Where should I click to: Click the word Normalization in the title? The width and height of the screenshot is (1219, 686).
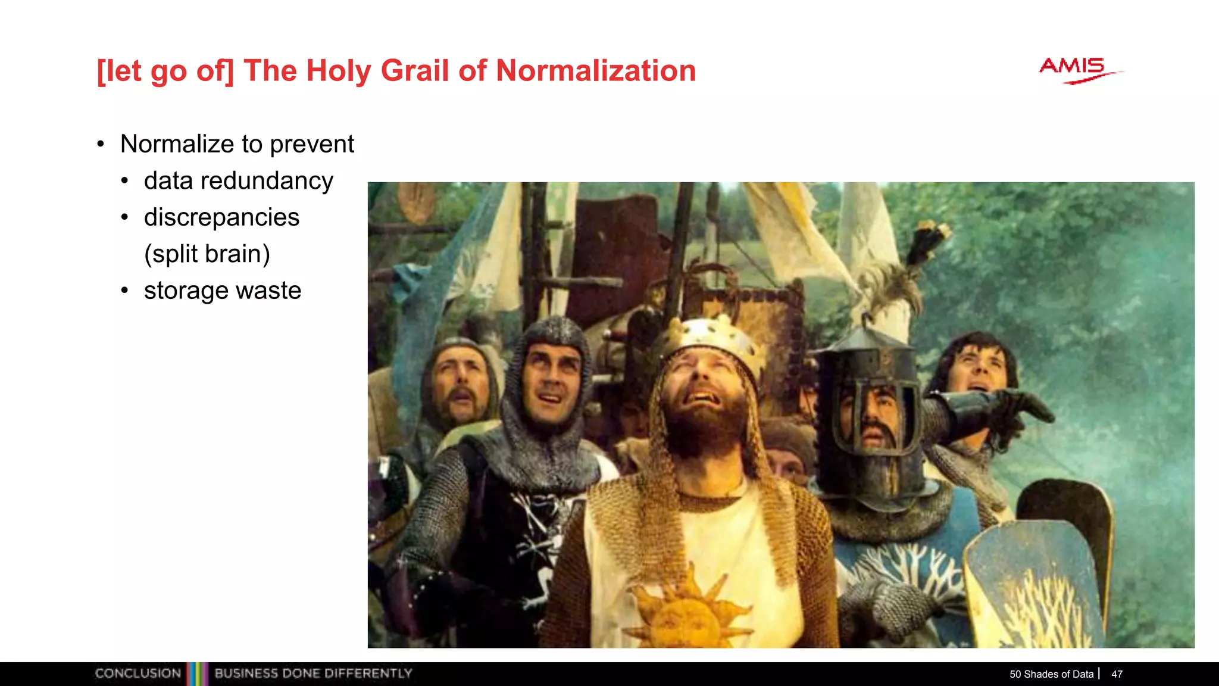coord(596,71)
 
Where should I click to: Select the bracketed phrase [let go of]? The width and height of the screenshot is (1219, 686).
coord(165,71)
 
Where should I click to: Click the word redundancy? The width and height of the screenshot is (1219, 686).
coord(267,181)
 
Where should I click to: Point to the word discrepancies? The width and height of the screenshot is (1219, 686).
coord(221,217)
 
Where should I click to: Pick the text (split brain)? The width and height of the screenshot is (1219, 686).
coord(207,254)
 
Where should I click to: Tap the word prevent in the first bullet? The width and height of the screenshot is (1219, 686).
coord(312,144)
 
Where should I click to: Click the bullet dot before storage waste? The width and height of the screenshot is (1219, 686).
coord(124,291)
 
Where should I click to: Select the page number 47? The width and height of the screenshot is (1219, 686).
coord(1117,674)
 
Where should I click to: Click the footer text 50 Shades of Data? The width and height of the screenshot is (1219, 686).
coord(1051,674)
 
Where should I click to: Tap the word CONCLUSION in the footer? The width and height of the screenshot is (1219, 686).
coord(138,673)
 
